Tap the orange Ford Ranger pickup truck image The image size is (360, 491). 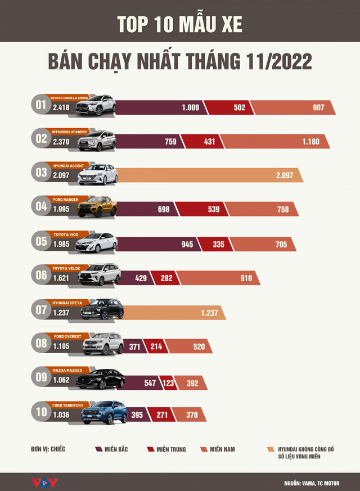[98, 207]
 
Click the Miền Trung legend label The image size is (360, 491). [170, 449]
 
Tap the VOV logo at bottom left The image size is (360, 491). [44, 483]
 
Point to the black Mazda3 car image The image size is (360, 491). [100, 379]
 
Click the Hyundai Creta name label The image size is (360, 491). [67, 303]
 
